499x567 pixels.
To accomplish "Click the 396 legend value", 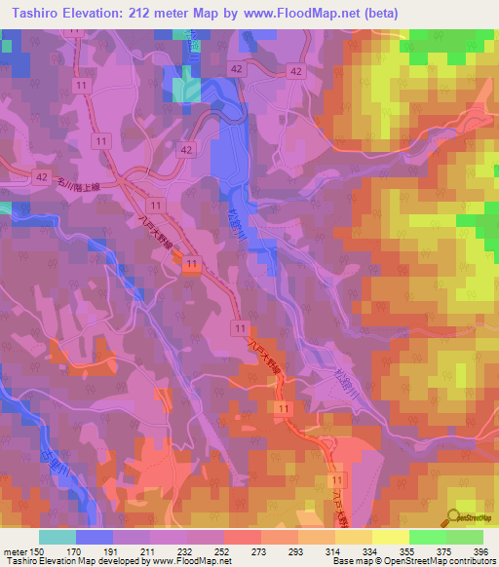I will [x=475, y=550].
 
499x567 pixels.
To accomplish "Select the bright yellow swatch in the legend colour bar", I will [x=391, y=537].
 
